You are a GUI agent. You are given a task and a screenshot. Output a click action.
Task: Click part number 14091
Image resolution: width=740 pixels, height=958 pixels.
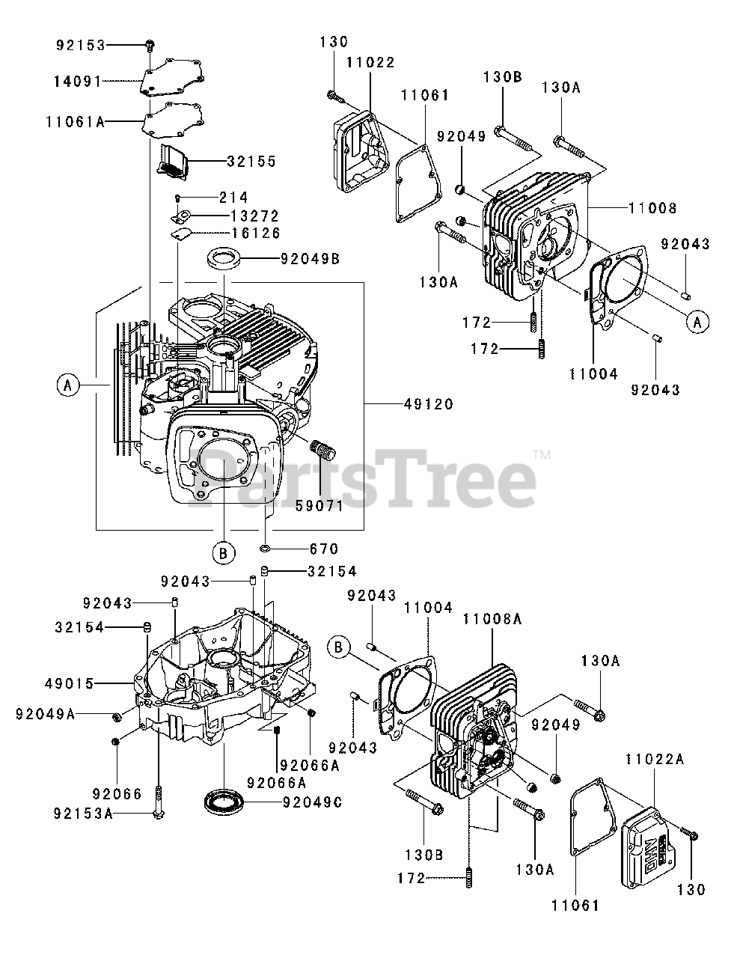(76, 81)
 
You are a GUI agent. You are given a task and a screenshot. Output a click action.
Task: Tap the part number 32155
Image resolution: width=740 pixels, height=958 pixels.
(251, 161)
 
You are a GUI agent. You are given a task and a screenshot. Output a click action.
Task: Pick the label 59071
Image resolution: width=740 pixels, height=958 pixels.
(318, 505)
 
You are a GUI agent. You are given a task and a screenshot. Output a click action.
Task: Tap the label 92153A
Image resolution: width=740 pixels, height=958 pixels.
(83, 814)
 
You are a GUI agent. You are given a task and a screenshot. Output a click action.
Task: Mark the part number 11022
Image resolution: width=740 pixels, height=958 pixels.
(370, 63)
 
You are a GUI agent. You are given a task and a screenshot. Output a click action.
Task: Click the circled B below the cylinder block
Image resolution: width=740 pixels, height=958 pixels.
(222, 553)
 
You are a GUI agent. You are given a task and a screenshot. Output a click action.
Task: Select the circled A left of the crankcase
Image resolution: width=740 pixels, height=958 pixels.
(67, 385)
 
